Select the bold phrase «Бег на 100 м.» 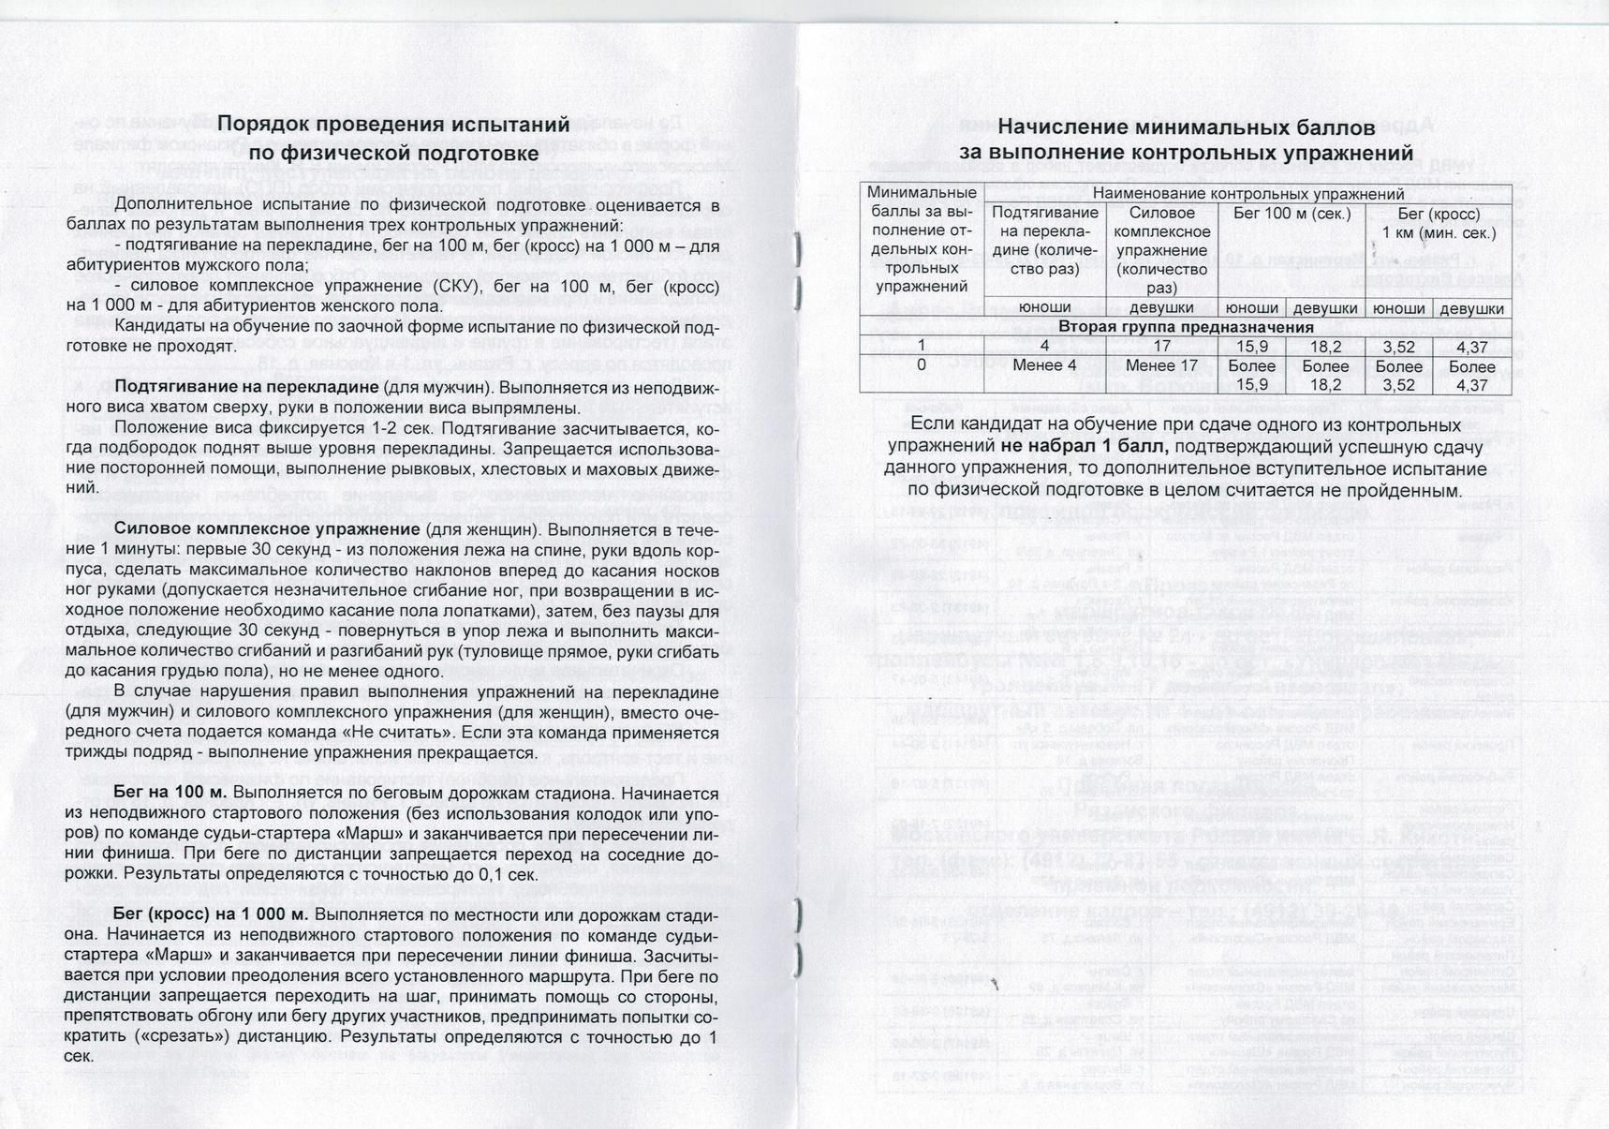170,793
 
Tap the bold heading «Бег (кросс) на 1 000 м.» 211,914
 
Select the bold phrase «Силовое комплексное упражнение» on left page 266,529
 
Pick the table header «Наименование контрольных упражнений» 1247,194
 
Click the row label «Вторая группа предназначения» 1186,327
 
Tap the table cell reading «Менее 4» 1044,365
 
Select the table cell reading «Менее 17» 1161,365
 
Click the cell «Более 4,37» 1471,375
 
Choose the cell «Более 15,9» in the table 1251,375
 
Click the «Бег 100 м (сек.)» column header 1292,214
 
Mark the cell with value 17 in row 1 1161,346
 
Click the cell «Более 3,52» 1398,375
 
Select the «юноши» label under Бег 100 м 1251,308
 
